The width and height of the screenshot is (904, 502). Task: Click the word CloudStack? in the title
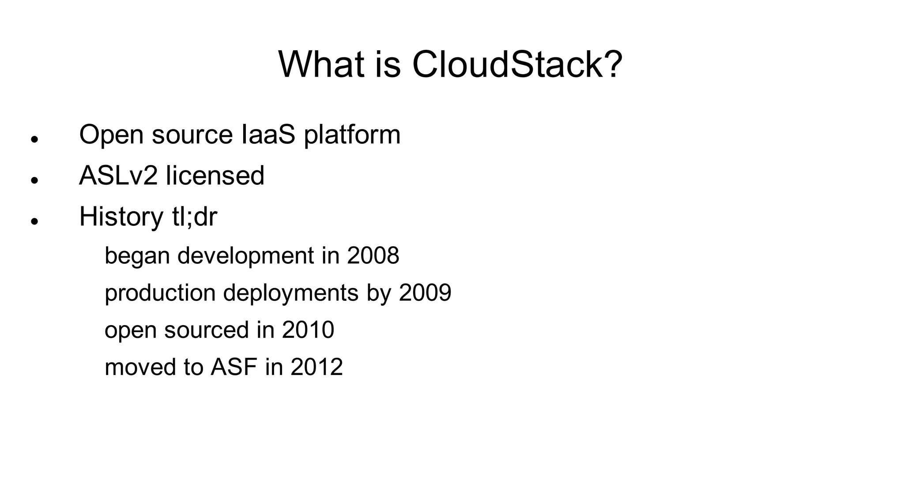point(517,65)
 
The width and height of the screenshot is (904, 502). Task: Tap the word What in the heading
point(321,65)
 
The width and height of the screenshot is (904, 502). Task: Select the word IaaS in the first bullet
point(268,135)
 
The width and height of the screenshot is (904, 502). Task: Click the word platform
point(352,135)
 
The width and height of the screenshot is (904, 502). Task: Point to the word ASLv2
point(118,176)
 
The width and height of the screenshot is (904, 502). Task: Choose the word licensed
point(215,176)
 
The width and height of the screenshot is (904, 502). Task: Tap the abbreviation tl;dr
point(194,217)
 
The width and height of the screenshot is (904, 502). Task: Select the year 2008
point(373,255)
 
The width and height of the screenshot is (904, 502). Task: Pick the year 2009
point(425,292)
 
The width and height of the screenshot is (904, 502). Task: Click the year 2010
point(308,330)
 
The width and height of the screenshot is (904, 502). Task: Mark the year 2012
point(316,367)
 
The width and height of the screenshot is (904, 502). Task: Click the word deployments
point(290,293)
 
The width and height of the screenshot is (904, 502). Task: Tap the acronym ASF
point(234,367)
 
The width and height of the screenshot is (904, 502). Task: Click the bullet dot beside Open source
point(34,139)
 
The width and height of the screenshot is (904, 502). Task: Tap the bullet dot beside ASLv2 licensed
point(34,180)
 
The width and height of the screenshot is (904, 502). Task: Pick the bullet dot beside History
point(34,221)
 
